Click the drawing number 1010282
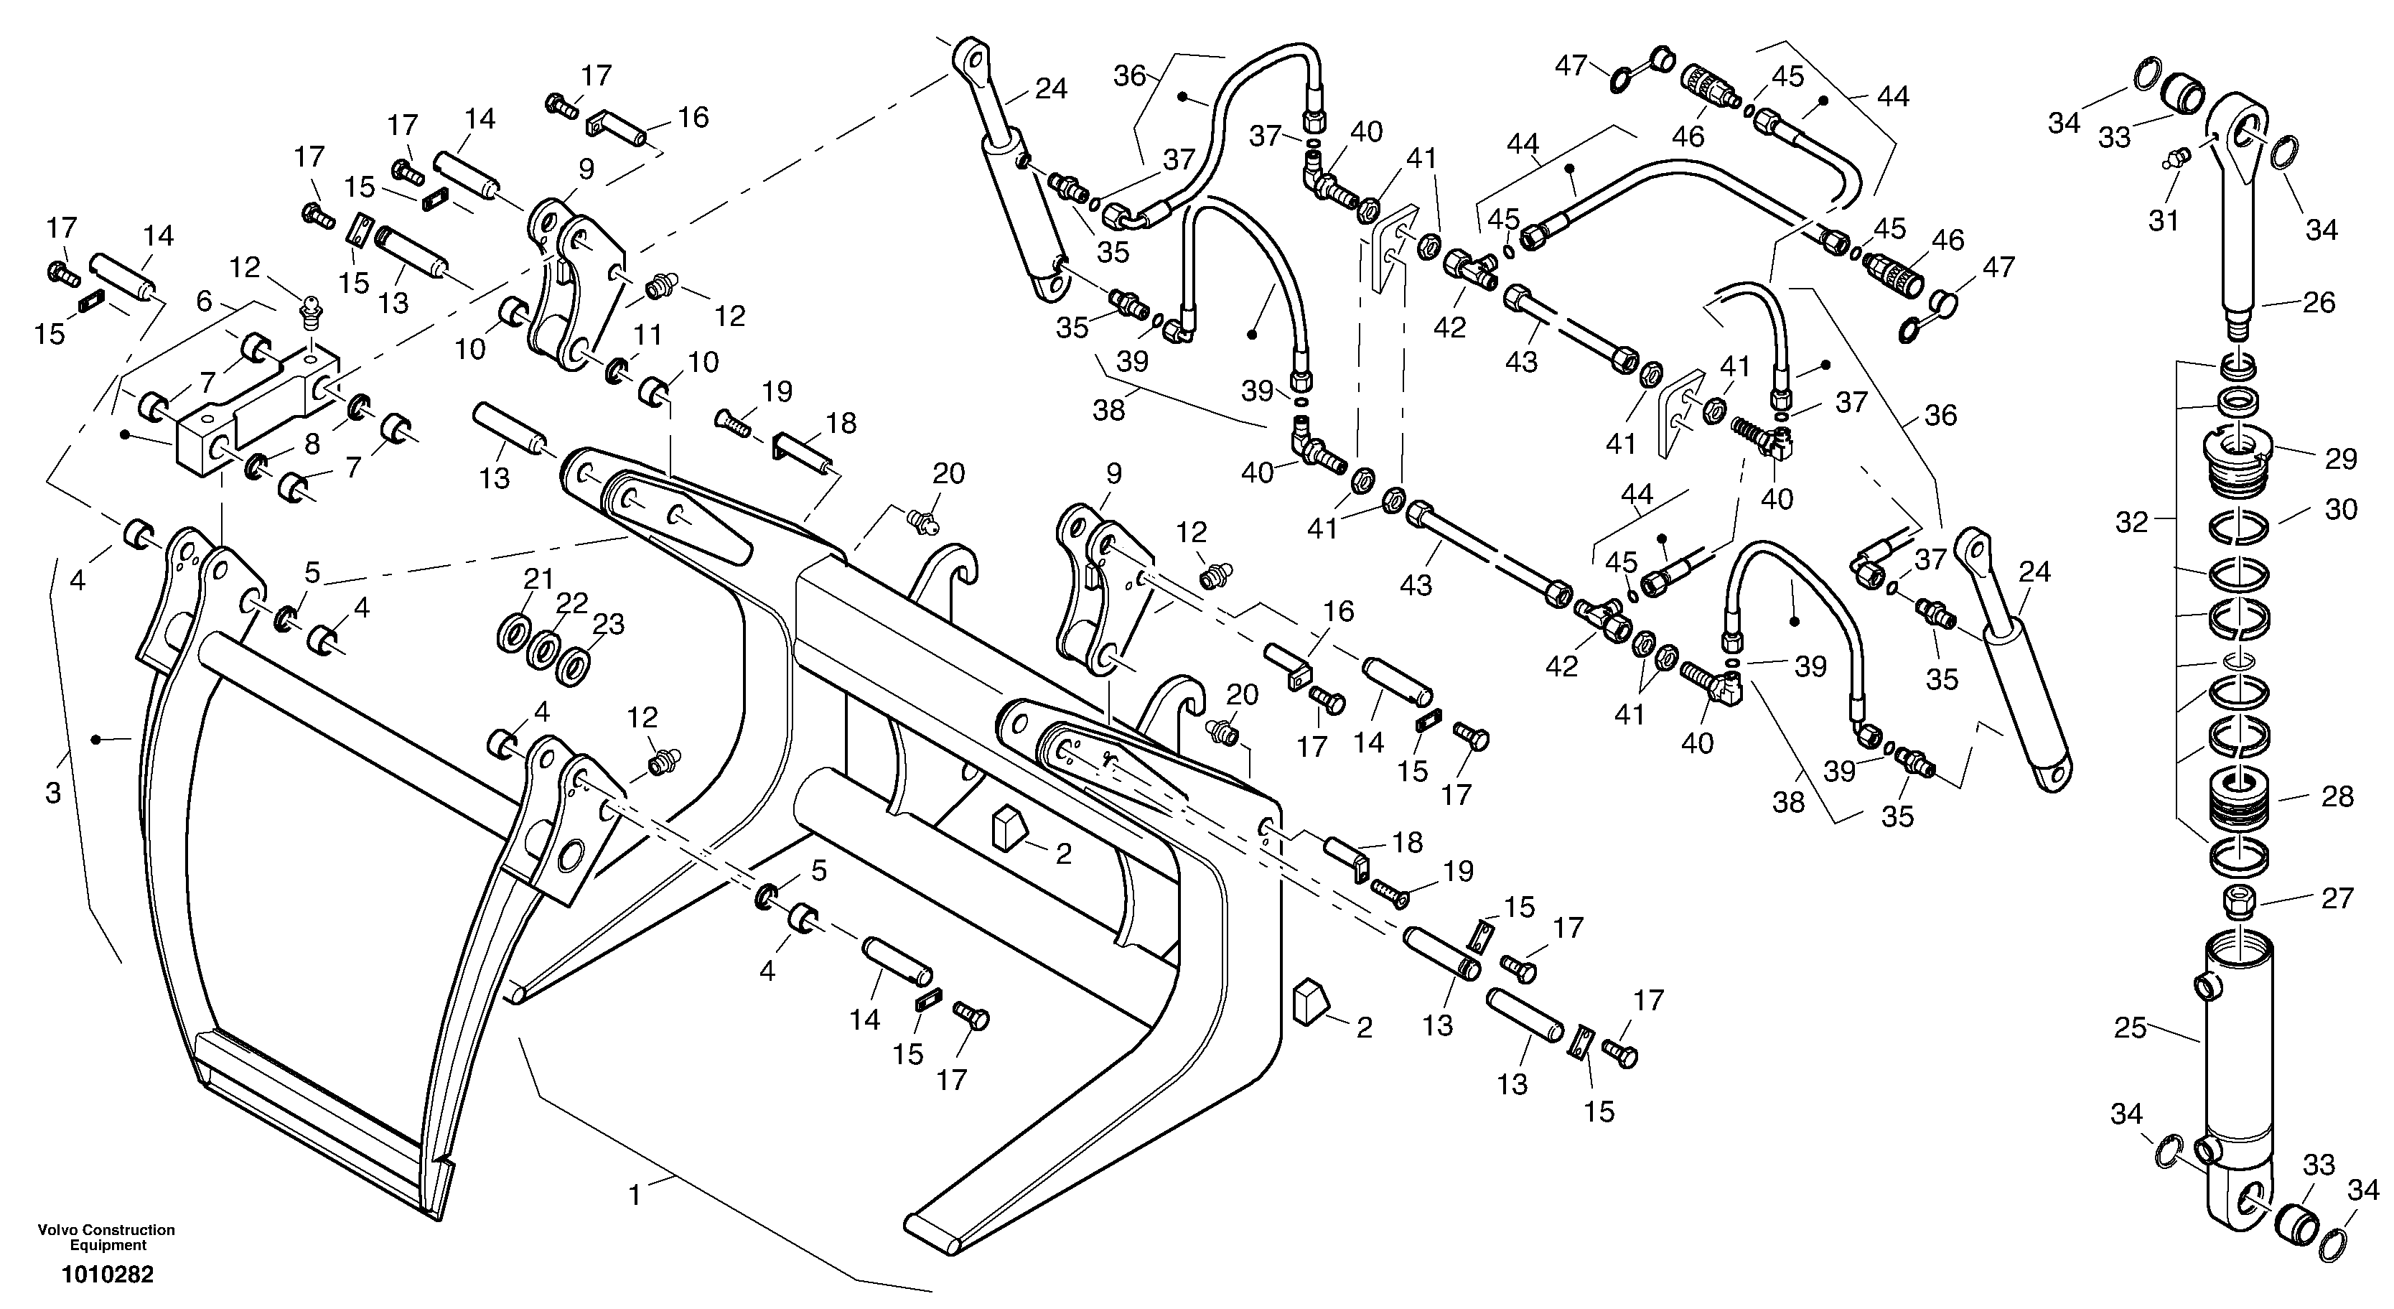pyautogui.click(x=107, y=1275)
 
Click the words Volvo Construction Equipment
pyautogui.click(x=106, y=1237)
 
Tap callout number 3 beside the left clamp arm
pyautogui.click(x=53, y=793)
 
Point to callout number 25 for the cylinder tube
pyautogui.click(x=2130, y=1028)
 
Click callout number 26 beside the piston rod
pyautogui.click(x=2319, y=302)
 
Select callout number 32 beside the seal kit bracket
pyautogui.click(x=2132, y=523)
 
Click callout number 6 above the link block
pyautogui.click(x=205, y=300)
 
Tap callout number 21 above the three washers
pyautogui.click(x=538, y=578)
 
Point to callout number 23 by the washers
pyautogui.click(x=609, y=623)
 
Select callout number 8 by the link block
pyautogui.click(x=312, y=444)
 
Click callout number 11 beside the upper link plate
pyautogui.click(x=647, y=334)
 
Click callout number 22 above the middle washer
pyautogui.click(x=571, y=602)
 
